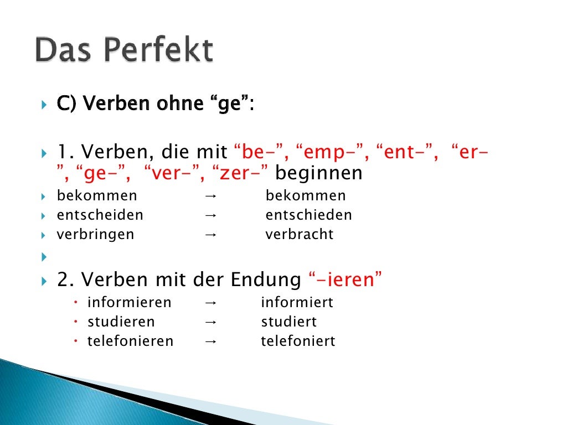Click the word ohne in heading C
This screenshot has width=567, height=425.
click(x=178, y=103)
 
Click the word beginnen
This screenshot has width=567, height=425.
click(x=319, y=173)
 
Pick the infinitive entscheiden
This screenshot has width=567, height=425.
click(x=100, y=215)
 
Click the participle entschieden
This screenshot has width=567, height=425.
click(x=308, y=215)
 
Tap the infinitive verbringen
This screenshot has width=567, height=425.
click(x=95, y=234)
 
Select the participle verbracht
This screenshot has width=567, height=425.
click(x=300, y=234)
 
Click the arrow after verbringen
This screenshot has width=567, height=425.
click(x=210, y=235)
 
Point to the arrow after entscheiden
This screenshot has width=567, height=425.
click(x=210, y=215)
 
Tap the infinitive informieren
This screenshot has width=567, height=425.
click(x=130, y=303)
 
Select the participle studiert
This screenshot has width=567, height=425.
click(x=288, y=322)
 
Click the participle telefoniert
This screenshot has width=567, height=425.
click(x=298, y=341)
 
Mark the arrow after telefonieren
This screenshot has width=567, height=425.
click(x=210, y=341)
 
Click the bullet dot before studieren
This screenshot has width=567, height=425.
click(x=76, y=322)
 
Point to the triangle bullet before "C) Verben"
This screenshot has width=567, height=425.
click(x=45, y=104)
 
